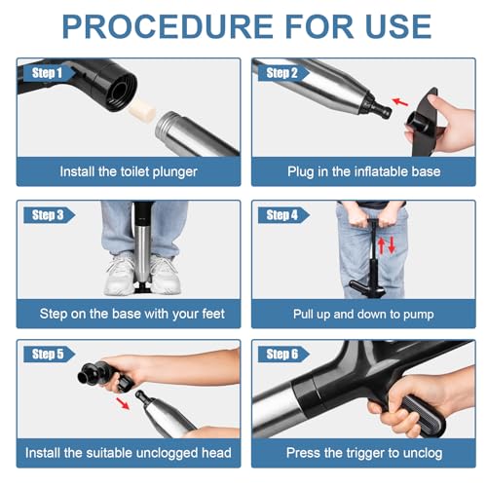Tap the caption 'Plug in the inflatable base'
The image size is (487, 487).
362,171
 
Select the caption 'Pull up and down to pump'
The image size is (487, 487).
362,314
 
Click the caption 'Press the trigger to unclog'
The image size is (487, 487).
362,453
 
